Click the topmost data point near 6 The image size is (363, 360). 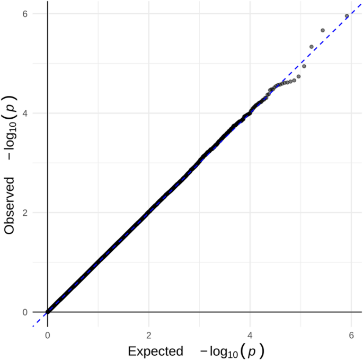[347, 16]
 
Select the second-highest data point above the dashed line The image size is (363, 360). [323, 30]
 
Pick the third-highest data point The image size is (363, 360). [312, 47]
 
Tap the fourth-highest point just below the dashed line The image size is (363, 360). [304, 66]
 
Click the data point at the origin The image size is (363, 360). [48, 312]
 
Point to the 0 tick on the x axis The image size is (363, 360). [48, 335]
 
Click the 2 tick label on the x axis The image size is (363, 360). [149, 335]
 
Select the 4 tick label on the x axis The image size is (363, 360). [250, 335]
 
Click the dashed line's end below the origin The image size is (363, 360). [34, 326]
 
